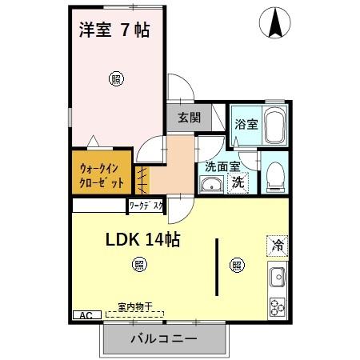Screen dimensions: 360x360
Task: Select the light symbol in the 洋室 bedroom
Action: [x=117, y=78]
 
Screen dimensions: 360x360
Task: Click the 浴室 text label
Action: [x=246, y=125]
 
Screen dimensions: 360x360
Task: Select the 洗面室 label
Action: [x=222, y=167]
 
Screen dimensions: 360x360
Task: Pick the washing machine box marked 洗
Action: [x=238, y=182]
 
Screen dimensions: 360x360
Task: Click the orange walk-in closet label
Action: [x=102, y=175]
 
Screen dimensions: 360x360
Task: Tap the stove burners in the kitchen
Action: [x=278, y=306]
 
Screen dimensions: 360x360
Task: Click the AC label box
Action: [x=86, y=315]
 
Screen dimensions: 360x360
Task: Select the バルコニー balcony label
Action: [x=163, y=338]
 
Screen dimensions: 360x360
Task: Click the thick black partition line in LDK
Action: [x=217, y=267]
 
